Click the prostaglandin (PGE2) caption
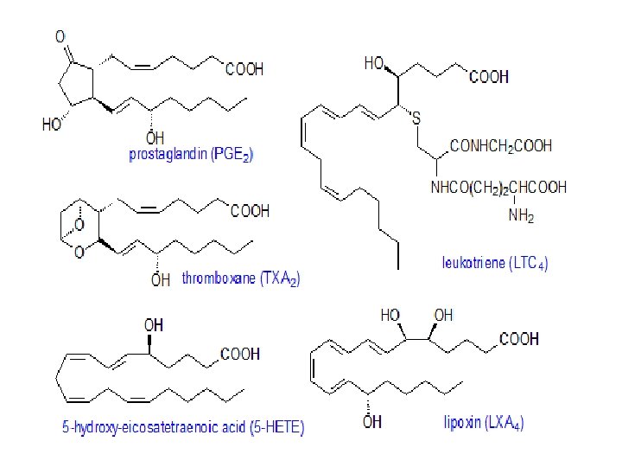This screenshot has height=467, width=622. tap(191, 156)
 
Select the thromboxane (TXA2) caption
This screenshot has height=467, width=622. tap(241, 279)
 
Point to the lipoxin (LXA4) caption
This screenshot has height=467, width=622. tap(483, 423)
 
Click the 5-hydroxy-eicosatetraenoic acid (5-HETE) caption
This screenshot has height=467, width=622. tap(183, 428)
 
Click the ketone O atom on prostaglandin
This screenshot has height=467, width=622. tap(60, 36)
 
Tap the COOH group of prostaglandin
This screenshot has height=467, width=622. tap(244, 70)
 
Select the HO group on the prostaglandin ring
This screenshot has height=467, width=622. tap(52, 125)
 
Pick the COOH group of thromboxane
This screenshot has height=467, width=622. tap(250, 210)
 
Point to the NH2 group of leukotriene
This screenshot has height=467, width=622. tap(521, 217)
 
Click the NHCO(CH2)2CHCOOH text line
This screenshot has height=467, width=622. tap(498, 186)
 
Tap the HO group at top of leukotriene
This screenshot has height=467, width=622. tap(374, 63)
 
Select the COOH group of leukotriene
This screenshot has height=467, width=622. tap(489, 77)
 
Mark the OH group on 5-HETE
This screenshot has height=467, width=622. tap(153, 325)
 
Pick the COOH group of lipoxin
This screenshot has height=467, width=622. tap(519, 339)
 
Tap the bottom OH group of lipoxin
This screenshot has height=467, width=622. tap(371, 422)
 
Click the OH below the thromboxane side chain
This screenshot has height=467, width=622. tap(161, 279)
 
